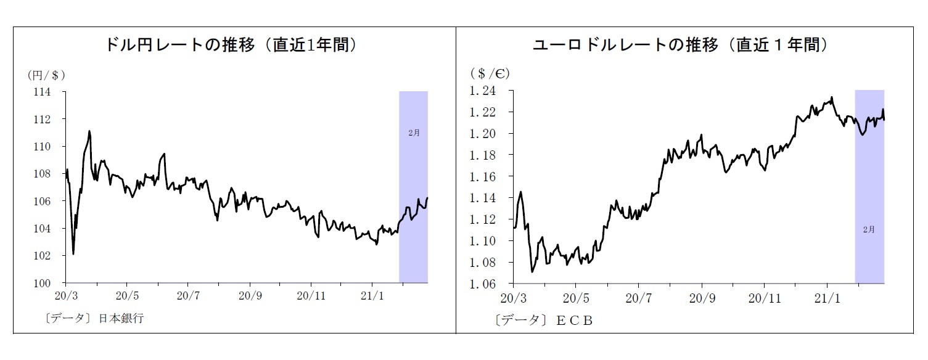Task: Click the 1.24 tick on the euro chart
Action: (483, 91)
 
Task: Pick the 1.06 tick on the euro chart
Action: (483, 284)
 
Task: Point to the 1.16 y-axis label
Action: (483, 177)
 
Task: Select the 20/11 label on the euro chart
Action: (763, 297)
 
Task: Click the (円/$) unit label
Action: (46, 75)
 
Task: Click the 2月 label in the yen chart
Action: (414, 133)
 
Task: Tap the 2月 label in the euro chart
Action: (869, 229)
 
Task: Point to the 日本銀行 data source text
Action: (121, 319)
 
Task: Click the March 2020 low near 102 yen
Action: (73, 253)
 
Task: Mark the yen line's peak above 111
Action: (89, 131)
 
